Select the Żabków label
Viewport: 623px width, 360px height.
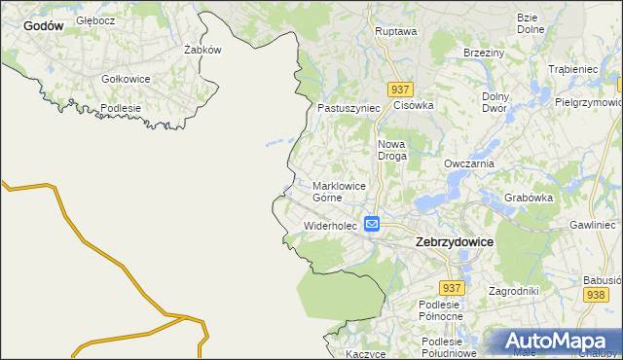[x=203, y=50]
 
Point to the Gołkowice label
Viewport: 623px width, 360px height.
[x=126, y=79]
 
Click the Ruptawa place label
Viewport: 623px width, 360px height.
[x=395, y=31]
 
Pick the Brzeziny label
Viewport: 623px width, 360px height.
[x=484, y=53]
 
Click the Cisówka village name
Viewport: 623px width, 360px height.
[x=413, y=104]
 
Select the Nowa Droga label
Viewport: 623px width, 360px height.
[x=396, y=150]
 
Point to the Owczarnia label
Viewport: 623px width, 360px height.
[x=469, y=164]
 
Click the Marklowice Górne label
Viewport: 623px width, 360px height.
[x=341, y=191]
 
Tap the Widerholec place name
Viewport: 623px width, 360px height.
[x=331, y=226]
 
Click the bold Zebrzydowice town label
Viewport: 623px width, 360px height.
[x=454, y=241]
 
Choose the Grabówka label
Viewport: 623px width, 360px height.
[x=529, y=198]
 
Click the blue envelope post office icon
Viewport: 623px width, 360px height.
[x=372, y=224]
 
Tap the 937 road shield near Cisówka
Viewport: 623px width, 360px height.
[x=398, y=89]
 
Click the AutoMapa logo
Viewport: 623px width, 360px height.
[x=556, y=341]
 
